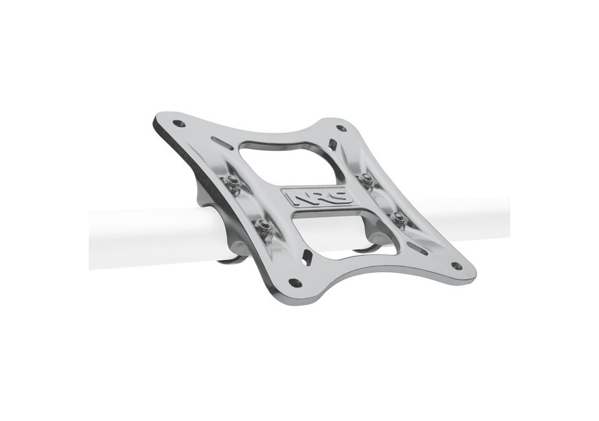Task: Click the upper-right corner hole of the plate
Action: [x=340, y=129]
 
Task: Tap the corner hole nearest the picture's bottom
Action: [x=294, y=283]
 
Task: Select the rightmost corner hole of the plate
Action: [x=456, y=266]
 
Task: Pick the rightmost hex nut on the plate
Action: [x=400, y=217]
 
